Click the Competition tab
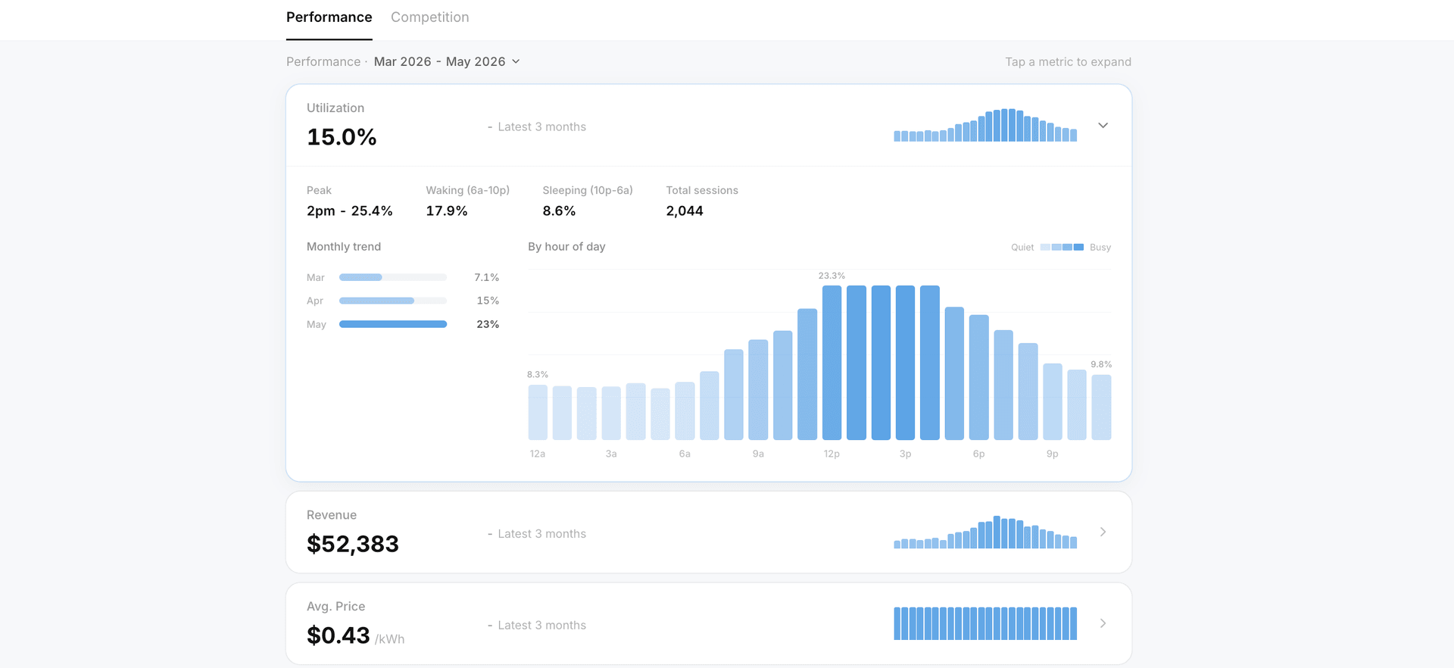pyautogui.click(x=429, y=17)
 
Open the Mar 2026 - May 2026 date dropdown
pyautogui.click(x=447, y=61)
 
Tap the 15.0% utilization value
pyautogui.click(x=342, y=137)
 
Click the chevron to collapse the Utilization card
pyautogui.click(x=1103, y=126)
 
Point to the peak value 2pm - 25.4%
pyautogui.click(x=349, y=211)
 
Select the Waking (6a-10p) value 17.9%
pyautogui.click(x=446, y=211)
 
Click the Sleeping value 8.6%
pyautogui.click(x=559, y=211)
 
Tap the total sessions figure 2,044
pyautogui.click(x=685, y=211)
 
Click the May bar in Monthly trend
pyautogui.click(x=393, y=324)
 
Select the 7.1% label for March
pyautogui.click(x=486, y=278)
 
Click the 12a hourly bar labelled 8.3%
pyautogui.click(x=538, y=412)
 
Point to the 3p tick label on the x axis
pyautogui.click(x=905, y=454)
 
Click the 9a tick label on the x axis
pyautogui.click(x=758, y=454)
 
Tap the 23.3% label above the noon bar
pyautogui.click(x=832, y=276)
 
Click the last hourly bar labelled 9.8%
pyautogui.click(x=1101, y=407)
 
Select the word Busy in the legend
pyautogui.click(x=1100, y=248)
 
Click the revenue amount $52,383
pyautogui.click(x=352, y=544)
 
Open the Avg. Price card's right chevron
pyautogui.click(x=1103, y=623)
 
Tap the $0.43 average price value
pyautogui.click(x=338, y=635)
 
